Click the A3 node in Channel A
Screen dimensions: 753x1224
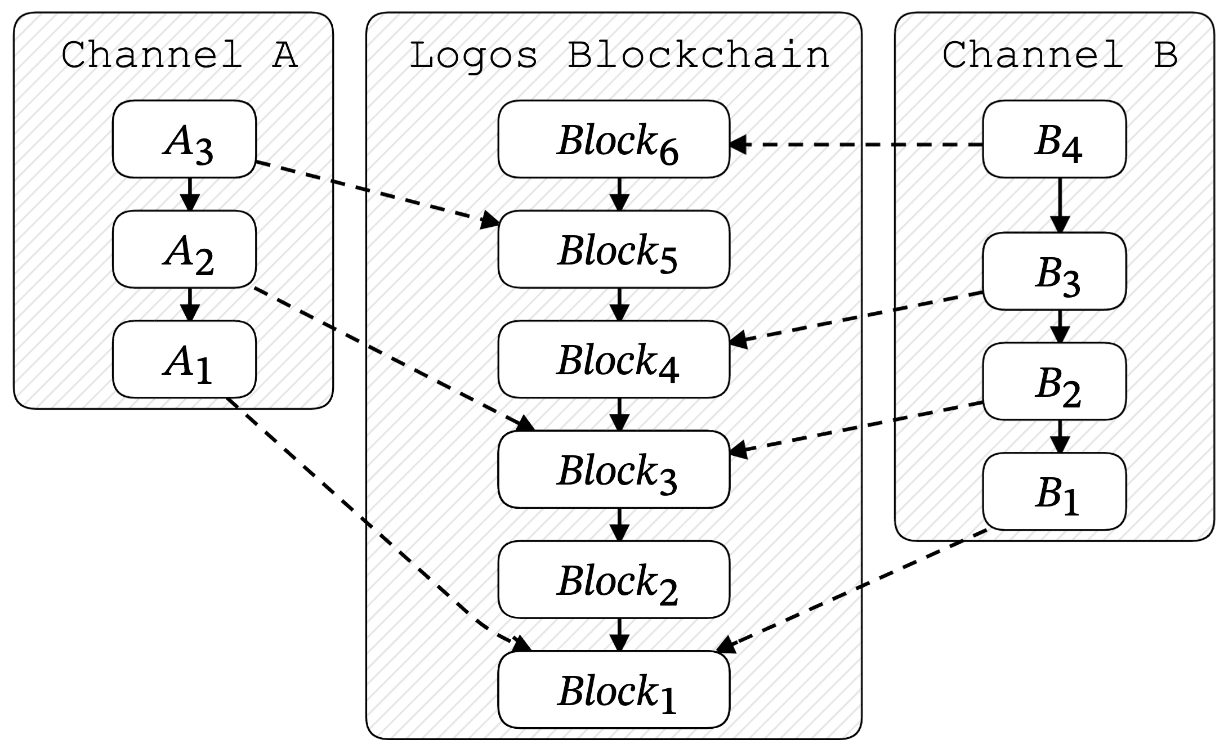coord(185,139)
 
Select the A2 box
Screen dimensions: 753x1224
coord(185,249)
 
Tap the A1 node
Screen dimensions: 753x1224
coord(185,360)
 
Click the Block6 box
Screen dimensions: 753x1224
coord(614,139)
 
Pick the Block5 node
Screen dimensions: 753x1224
coord(614,249)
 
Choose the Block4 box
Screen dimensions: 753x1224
coord(614,360)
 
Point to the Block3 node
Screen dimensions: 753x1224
coord(614,469)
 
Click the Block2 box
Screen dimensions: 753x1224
coord(614,580)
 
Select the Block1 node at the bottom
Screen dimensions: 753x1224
coord(614,690)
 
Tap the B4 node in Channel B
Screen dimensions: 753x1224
coord(1055,139)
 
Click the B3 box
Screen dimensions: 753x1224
coord(1055,271)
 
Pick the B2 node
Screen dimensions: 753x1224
coord(1055,382)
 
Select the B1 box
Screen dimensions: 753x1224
coord(1055,491)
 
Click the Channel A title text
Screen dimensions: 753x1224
coord(179,55)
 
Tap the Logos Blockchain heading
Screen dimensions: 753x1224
coord(619,55)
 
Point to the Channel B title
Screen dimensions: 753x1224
coord(1060,55)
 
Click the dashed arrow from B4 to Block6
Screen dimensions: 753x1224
coord(856,145)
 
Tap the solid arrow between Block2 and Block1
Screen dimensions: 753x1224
coord(619,634)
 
